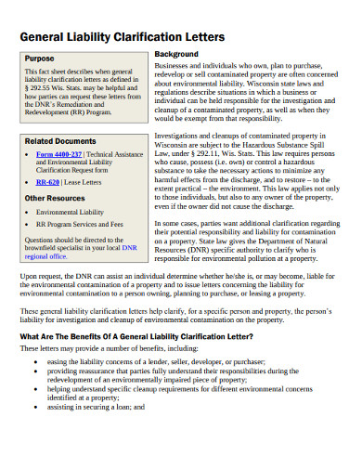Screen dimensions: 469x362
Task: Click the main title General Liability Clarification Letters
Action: pyautogui.click(x=116, y=37)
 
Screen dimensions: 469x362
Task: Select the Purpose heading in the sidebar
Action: pyautogui.click(x=40, y=58)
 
